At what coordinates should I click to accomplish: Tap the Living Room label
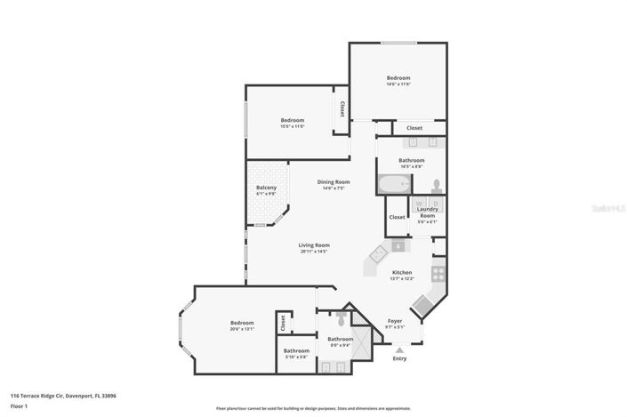click(x=314, y=245)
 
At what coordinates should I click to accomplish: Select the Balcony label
click(x=267, y=188)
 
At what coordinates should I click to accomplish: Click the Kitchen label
click(x=402, y=272)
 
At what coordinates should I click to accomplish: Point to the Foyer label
click(x=395, y=321)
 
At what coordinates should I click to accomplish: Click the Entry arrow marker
click(x=398, y=350)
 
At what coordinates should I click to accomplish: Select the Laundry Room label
click(x=427, y=212)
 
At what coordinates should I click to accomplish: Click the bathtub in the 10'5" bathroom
click(x=392, y=185)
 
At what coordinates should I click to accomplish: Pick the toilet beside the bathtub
click(x=436, y=185)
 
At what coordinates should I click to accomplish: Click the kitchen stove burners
click(x=438, y=272)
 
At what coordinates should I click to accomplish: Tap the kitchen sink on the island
click(x=376, y=252)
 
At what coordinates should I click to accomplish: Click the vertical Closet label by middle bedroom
click(x=341, y=109)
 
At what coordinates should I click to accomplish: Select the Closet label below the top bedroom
click(x=414, y=128)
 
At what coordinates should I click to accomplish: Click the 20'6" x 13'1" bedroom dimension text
click(x=242, y=329)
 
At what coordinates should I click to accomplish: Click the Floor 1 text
click(x=20, y=407)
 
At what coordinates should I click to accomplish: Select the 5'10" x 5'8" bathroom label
click(x=296, y=357)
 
